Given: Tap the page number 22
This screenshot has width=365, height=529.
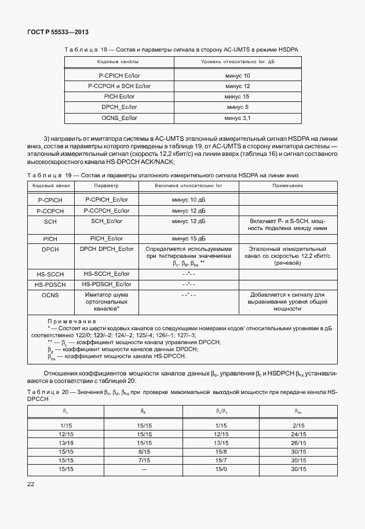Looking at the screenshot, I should click(31, 500).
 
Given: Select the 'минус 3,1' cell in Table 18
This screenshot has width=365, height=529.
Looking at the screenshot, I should click(238, 118).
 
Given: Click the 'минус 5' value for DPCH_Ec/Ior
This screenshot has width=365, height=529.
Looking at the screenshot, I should click(238, 107).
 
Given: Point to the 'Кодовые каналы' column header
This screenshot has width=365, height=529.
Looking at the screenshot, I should click(118, 61).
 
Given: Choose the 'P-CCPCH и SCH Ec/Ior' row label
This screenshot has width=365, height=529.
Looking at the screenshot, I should click(119, 86).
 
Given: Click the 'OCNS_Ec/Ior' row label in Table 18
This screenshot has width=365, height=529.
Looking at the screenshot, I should click(119, 118).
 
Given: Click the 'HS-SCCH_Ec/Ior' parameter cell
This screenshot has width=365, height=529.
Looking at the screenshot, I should click(107, 273).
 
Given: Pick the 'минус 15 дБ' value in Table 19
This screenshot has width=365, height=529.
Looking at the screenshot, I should click(189, 238).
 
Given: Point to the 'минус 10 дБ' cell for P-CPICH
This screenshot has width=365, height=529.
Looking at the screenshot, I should click(189, 199).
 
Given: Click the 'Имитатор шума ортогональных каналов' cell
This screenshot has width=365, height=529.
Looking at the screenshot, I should click(107, 302).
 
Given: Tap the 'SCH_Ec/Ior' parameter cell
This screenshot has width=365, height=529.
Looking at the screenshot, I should click(107, 221).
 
